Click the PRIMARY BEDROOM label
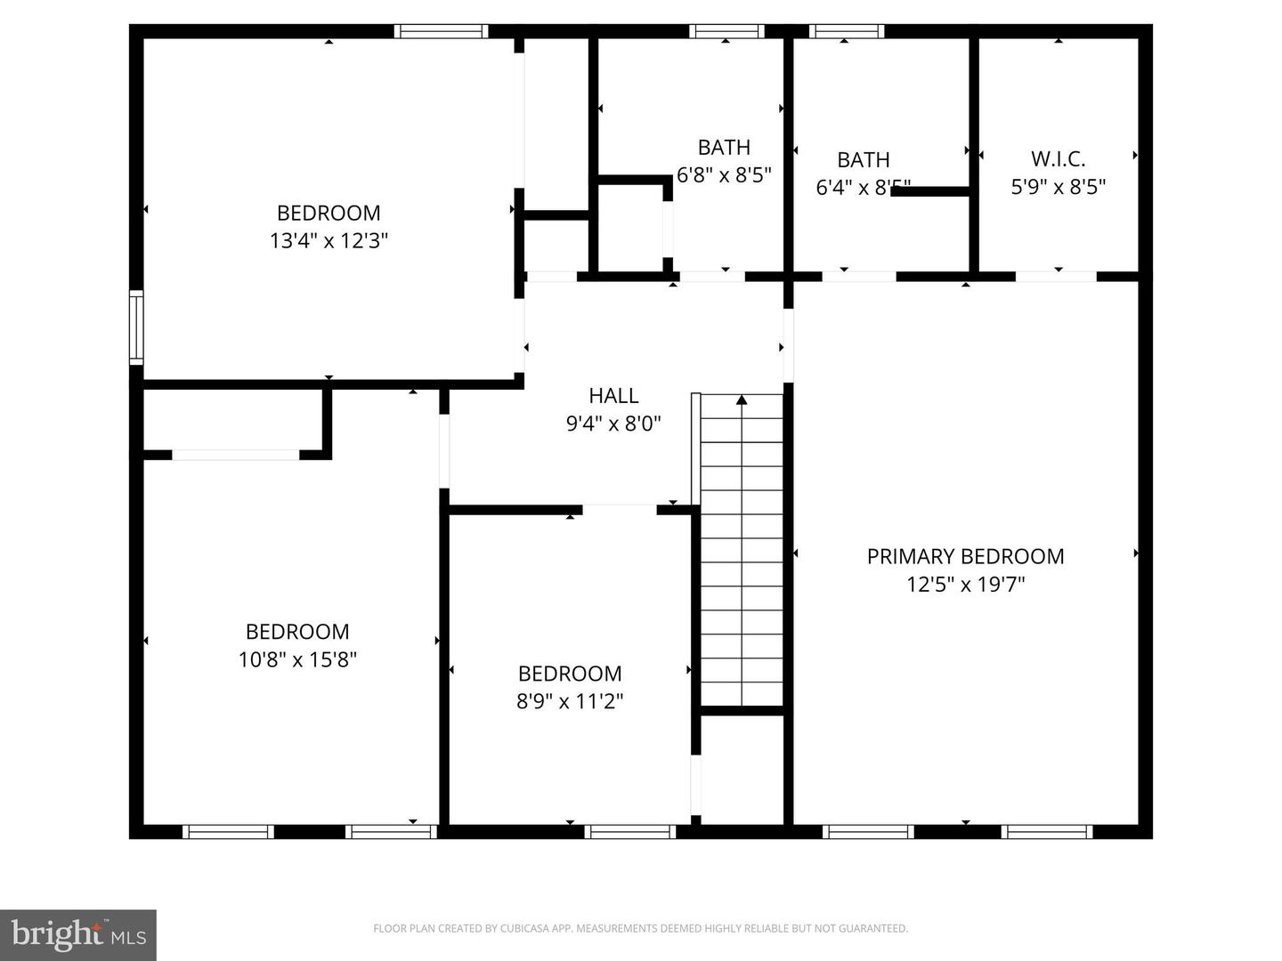pyautogui.click(x=965, y=556)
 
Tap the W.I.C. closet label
pyautogui.click(x=1058, y=159)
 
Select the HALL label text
pyautogui.click(x=613, y=395)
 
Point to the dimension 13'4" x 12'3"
pyautogui.click(x=329, y=240)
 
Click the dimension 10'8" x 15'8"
pyautogui.click(x=297, y=659)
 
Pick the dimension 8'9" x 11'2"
pyautogui.click(x=570, y=701)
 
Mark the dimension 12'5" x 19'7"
pyautogui.click(x=965, y=585)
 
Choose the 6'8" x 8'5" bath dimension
pyautogui.click(x=724, y=175)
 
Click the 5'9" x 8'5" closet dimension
pyautogui.click(x=1058, y=187)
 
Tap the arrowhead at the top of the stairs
pyautogui.click(x=742, y=400)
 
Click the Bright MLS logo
pyautogui.click(x=78, y=934)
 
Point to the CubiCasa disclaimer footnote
pyautogui.click(x=640, y=929)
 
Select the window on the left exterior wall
pyautogui.click(x=136, y=327)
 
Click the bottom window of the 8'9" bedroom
pyautogui.click(x=630, y=832)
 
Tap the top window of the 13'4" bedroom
pyautogui.click(x=442, y=31)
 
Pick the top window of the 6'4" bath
pyautogui.click(x=847, y=31)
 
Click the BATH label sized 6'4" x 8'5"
pyautogui.click(x=863, y=160)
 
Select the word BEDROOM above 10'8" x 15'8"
pyautogui.click(x=297, y=632)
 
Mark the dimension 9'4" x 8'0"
pyautogui.click(x=613, y=424)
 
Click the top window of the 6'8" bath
pyautogui.click(x=726, y=31)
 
